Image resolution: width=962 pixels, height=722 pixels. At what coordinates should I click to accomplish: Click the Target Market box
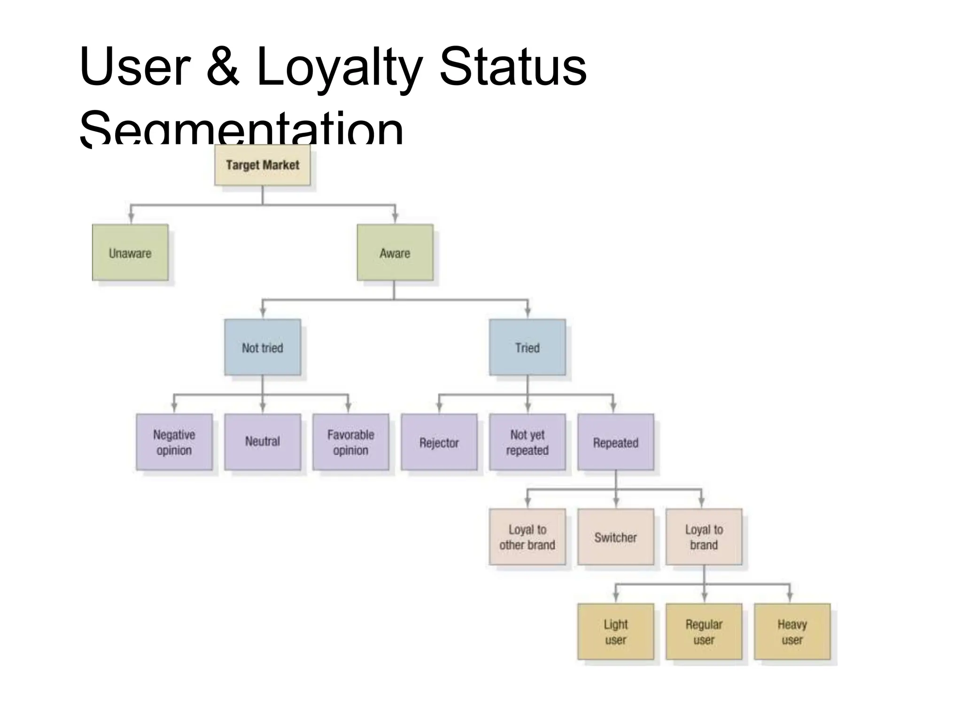[262, 165]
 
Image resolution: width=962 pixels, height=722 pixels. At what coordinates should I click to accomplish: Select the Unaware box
[130, 253]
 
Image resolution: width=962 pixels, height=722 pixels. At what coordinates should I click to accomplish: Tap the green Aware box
[395, 253]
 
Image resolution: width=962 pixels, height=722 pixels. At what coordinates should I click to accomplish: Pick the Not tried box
[262, 348]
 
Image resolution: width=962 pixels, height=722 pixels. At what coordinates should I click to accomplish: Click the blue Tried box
[527, 348]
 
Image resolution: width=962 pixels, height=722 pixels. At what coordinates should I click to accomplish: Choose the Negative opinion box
[174, 442]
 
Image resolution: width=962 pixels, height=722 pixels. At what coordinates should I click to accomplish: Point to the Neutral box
[262, 442]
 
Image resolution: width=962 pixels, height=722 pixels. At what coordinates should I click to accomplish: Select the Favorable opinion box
[350, 442]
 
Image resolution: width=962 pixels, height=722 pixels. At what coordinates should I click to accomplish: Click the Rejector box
[439, 442]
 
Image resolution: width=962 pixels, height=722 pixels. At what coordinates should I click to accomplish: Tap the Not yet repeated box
[527, 442]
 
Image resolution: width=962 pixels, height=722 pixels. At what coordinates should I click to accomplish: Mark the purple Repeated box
[615, 442]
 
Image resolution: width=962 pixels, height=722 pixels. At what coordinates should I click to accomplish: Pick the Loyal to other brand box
[527, 537]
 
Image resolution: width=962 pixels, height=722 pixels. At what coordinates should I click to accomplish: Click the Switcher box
[615, 537]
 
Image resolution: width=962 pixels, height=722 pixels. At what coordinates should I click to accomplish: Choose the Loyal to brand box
[704, 537]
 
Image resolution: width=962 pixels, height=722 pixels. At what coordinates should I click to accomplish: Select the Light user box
[615, 632]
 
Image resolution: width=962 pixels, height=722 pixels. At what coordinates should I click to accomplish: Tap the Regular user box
[704, 632]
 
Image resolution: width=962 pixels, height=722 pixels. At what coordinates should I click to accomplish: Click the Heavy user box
[792, 632]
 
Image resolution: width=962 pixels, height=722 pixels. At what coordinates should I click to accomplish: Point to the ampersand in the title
[223, 68]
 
